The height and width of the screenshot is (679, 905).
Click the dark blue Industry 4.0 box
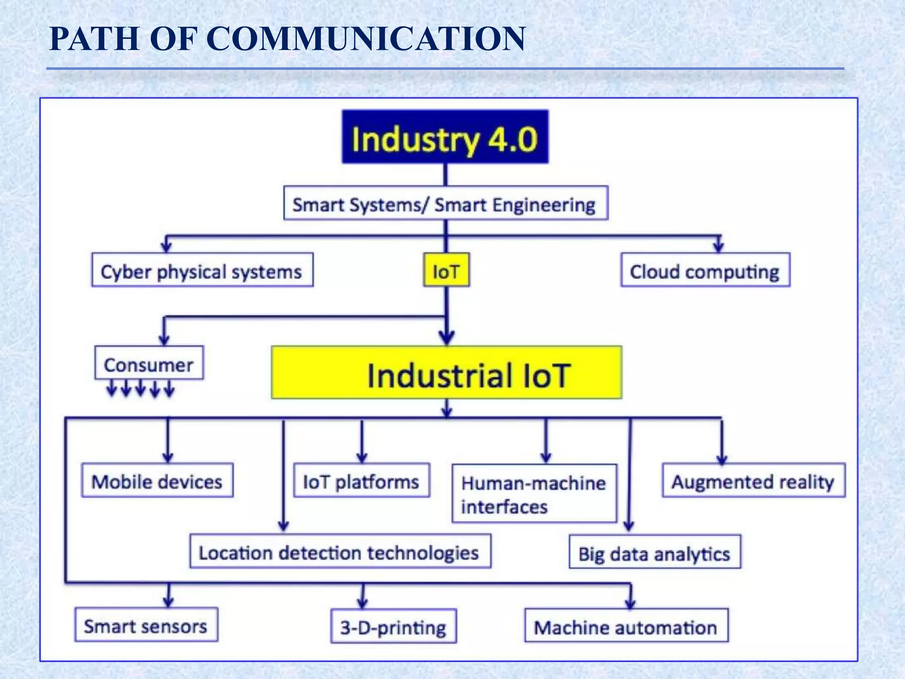tap(445, 137)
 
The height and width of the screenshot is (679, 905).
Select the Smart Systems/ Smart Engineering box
tap(445, 203)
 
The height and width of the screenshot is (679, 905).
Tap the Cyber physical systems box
tap(202, 270)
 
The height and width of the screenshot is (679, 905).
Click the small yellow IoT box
tap(446, 270)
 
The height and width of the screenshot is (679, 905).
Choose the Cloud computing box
tap(705, 270)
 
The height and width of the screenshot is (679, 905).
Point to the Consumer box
tap(149, 363)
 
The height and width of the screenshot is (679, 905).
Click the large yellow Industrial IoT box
tap(446, 373)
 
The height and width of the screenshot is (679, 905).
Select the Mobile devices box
tap(157, 481)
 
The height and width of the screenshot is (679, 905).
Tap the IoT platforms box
tap(361, 481)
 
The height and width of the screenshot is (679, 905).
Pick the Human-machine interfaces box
tap(534, 493)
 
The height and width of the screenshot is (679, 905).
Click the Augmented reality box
tap(753, 481)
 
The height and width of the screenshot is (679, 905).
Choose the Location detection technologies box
tap(340, 551)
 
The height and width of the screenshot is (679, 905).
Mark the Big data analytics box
tap(654, 552)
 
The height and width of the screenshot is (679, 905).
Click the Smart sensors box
tap(146, 625)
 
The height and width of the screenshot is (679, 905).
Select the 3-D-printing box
tap(393, 626)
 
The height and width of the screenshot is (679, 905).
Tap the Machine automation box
tap(626, 626)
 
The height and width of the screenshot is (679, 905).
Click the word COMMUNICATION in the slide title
tap(366, 39)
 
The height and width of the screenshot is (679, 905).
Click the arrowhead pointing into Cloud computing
tap(719, 246)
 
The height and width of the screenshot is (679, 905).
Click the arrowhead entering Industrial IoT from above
tap(447, 338)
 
